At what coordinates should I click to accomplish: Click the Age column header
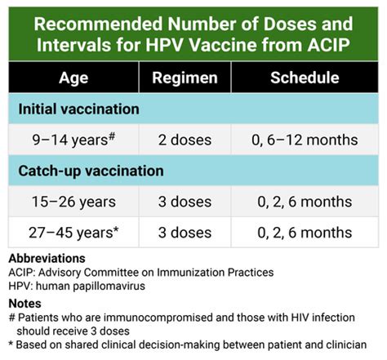coord(73,78)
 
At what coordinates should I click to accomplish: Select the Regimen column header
coord(185,78)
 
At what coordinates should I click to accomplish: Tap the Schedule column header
coord(305,78)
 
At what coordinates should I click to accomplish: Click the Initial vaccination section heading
coord(78,109)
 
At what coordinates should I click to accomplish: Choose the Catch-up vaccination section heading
coord(91,171)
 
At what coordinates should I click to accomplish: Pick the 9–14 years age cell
coord(73,140)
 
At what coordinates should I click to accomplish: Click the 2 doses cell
coord(185,140)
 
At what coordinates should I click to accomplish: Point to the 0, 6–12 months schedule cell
coord(305,140)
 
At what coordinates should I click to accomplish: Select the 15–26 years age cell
coord(73,202)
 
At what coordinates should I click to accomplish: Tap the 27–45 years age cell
coord(73,233)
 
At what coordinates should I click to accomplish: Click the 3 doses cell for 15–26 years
coord(185,202)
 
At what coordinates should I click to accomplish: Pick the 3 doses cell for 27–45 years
coord(185,233)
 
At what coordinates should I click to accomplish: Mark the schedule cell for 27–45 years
coord(305,233)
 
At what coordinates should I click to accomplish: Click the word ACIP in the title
coord(328,45)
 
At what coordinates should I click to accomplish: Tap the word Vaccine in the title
coord(222,45)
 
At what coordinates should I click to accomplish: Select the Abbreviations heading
coord(47,258)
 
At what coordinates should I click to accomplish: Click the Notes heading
coord(24,304)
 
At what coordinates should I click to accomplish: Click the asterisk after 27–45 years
coord(116,229)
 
